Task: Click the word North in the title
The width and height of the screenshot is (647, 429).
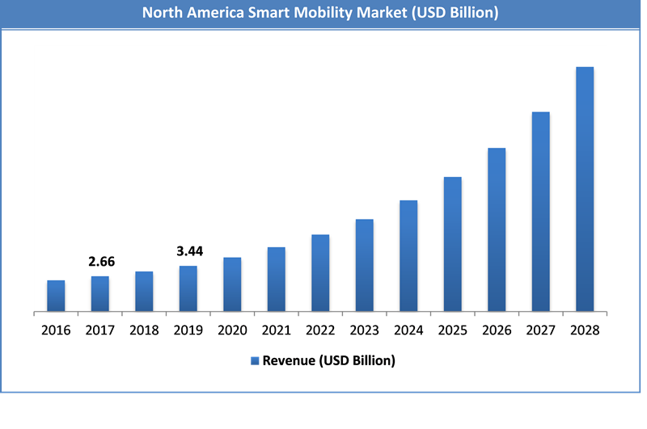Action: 165,13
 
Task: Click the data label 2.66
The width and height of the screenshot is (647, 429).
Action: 101,262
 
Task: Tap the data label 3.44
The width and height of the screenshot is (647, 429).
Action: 189,251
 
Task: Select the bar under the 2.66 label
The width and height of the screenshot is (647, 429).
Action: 100,293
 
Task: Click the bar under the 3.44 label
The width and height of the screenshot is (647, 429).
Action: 188,288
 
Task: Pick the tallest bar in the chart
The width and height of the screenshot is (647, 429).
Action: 585,188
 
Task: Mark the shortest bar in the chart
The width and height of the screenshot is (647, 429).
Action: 56,295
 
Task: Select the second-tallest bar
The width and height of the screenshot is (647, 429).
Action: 541,211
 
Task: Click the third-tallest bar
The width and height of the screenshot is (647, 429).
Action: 497,229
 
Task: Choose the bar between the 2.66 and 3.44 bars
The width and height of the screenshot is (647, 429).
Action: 144,291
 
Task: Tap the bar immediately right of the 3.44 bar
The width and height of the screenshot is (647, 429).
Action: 232,284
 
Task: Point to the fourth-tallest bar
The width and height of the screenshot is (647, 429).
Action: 453,243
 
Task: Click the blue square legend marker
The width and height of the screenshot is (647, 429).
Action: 255,361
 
